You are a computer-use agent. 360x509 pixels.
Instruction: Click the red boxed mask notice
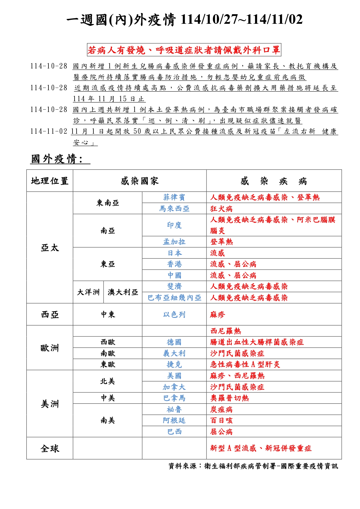click(x=184, y=50)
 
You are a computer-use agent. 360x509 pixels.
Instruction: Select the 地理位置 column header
click(x=50, y=181)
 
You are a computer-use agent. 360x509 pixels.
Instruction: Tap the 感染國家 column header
click(x=140, y=181)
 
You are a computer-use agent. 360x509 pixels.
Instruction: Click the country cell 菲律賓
click(x=174, y=198)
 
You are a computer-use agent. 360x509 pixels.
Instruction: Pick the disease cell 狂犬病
click(x=221, y=209)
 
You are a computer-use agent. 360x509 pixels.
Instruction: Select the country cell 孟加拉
click(x=174, y=242)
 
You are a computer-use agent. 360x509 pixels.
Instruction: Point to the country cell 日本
click(x=174, y=253)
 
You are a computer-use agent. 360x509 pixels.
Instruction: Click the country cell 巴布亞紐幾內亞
click(x=174, y=298)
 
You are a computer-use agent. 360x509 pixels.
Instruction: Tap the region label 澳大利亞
click(x=123, y=292)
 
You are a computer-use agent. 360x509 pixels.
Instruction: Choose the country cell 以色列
click(x=174, y=314)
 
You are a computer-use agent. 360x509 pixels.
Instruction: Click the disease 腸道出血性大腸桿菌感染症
click(x=257, y=342)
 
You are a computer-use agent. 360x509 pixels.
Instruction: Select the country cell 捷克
click(x=174, y=365)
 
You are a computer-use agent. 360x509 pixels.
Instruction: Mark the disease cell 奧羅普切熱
click(x=229, y=398)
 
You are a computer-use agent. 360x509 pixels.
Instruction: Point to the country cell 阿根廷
click(x=174, y=421)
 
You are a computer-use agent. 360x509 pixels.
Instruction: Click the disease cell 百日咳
click(x=221, y=421)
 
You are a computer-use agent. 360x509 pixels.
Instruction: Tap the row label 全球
click(x=50, y=449)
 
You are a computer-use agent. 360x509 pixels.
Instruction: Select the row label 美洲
click(x=50, y=404)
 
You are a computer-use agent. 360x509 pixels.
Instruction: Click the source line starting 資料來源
click(x=253, y=466)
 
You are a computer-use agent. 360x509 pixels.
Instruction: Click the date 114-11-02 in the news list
click(x=49, y=131)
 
